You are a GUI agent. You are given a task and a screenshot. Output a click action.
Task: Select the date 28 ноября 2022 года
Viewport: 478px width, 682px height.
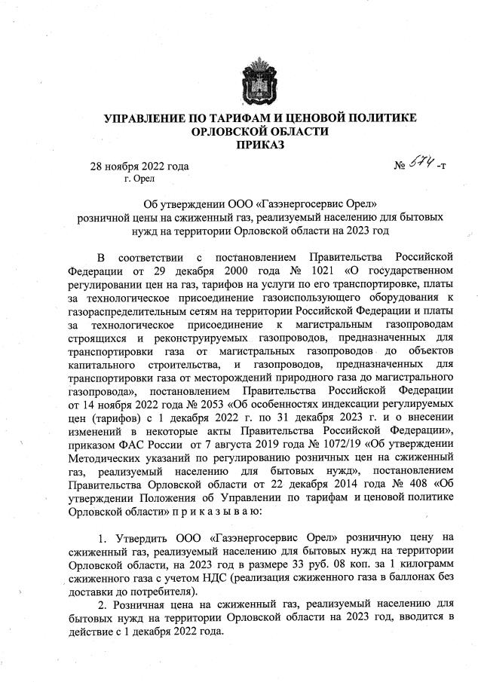click(x=139, y=167)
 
